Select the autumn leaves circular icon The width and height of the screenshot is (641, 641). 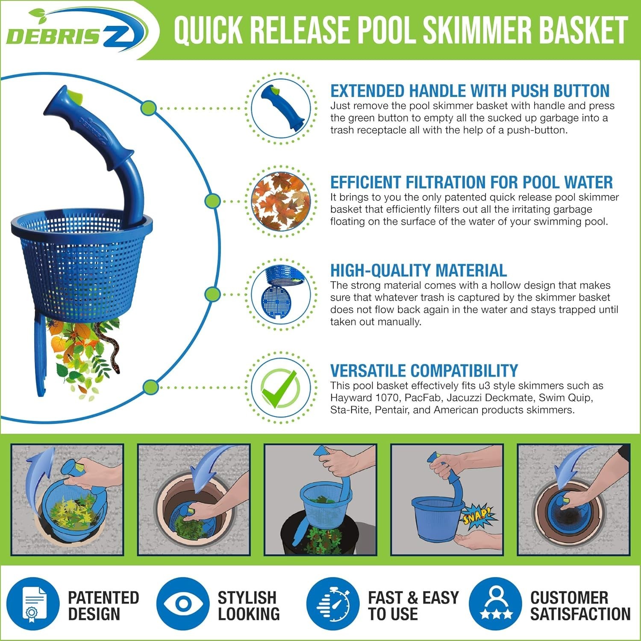[280, 200]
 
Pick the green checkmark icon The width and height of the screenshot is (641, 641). [280, 388]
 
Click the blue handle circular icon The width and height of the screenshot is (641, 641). [280, 108]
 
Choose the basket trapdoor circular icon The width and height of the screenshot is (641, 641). [280, 294]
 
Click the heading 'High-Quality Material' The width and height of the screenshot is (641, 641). [418, 271]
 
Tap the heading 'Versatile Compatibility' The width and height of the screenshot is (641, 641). [424, 370]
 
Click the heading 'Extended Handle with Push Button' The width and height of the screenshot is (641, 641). [470, 91]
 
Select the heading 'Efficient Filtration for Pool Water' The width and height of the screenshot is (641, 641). [471, 182]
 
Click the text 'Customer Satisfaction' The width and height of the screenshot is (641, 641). [580, 606]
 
